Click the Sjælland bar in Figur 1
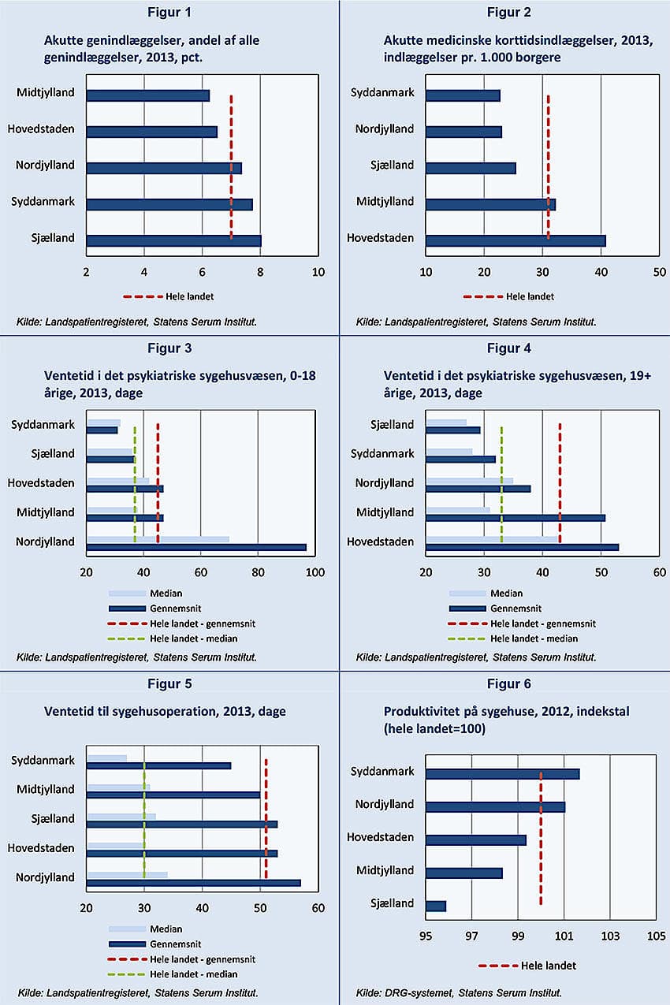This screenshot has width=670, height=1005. (173, 240)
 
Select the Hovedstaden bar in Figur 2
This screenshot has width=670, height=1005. (516, 240)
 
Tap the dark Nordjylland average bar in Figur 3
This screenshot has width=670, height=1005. (196, 547)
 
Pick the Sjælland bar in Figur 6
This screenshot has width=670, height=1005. (436, 906)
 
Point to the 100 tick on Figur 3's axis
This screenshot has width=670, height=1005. (315, 571)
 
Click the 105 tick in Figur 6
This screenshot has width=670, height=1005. (656, 937)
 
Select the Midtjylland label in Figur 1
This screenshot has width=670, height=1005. (46, 93)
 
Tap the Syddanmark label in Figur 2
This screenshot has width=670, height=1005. (382, 93)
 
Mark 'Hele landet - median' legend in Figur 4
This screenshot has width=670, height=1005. (534, 638)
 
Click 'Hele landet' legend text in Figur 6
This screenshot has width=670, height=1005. (549, 966)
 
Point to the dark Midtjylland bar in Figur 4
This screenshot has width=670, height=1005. (516, 518)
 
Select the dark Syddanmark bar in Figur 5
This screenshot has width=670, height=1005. (158, 765)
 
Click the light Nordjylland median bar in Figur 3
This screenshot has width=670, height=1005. (158, 539)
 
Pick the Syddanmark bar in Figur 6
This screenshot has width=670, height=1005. (503, 774)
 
